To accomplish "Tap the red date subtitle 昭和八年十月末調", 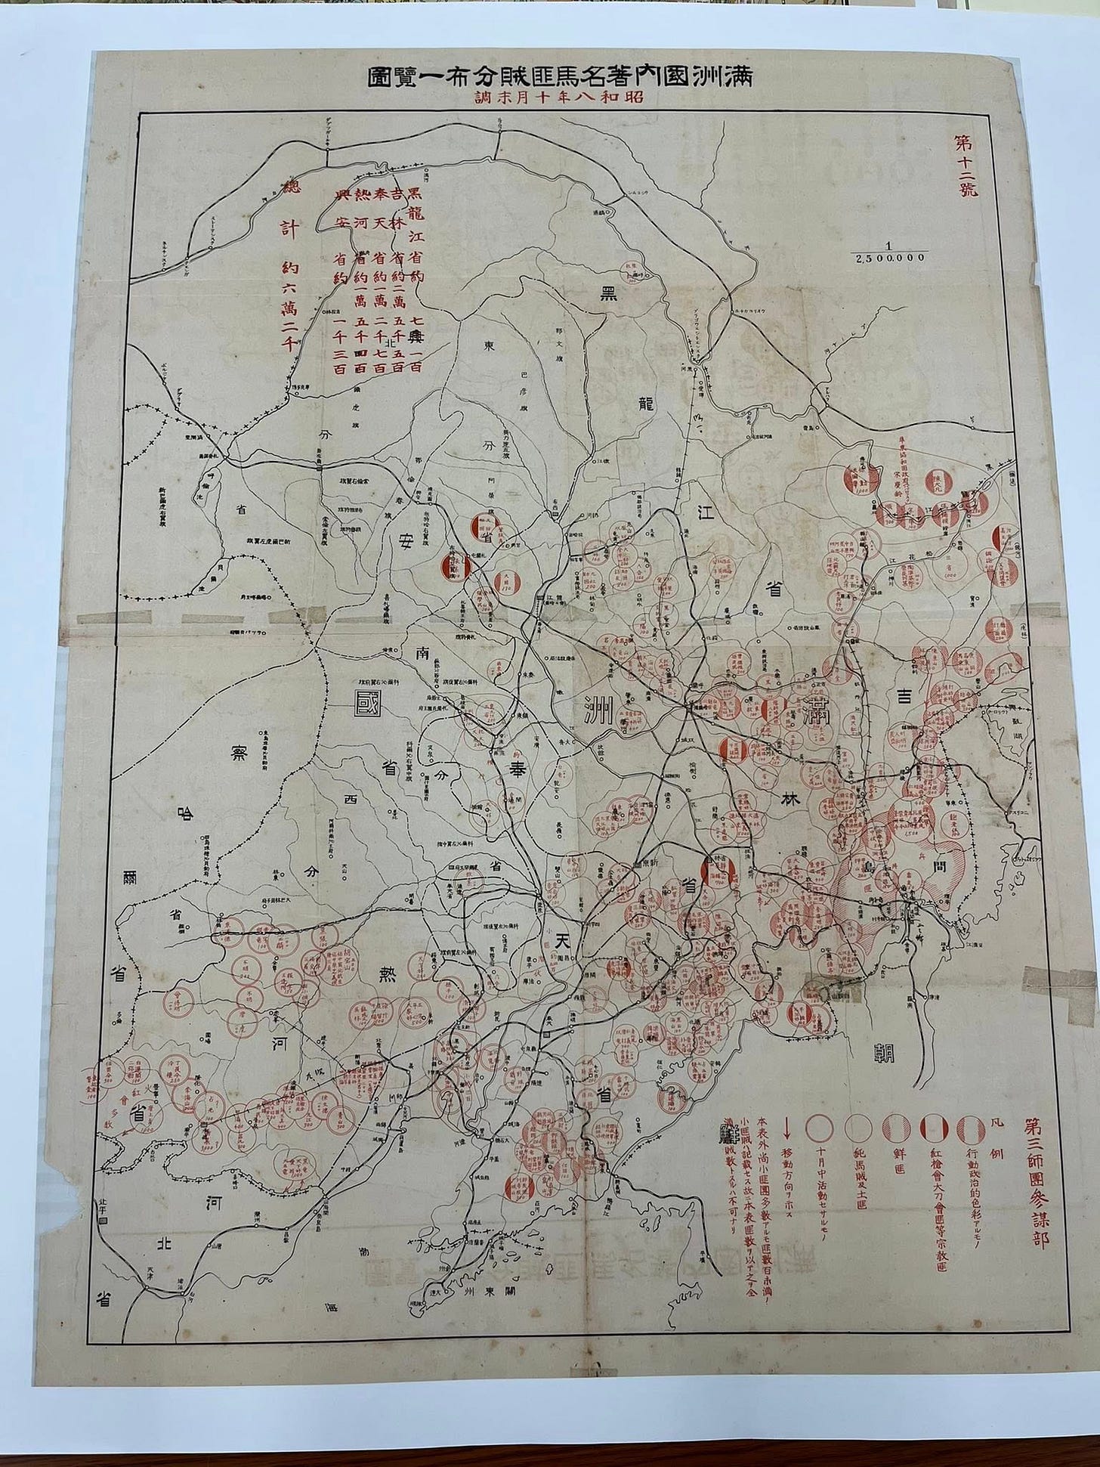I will [x=561, y=99].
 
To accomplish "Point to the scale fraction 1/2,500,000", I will [x=890, y=252].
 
